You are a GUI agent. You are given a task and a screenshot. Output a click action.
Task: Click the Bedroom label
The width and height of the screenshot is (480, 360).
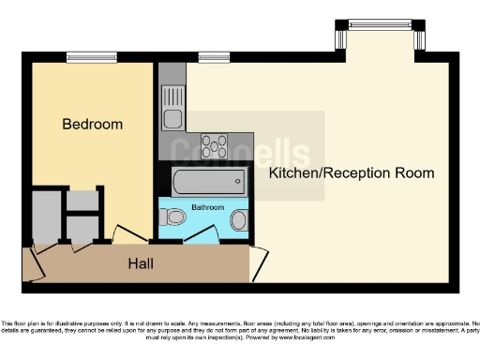coord(93,124)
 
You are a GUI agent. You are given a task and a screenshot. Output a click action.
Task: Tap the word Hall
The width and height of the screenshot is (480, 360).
coord(142,264)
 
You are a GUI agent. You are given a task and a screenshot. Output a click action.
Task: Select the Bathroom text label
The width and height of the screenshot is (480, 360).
coord(207,205)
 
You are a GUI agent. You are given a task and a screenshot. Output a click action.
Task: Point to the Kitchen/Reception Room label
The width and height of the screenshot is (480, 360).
coord(352,173)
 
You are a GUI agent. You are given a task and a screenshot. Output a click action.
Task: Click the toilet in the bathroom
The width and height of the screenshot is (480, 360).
coord(173,218)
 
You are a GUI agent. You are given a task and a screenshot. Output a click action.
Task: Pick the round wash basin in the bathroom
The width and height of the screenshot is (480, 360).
coord(238,221)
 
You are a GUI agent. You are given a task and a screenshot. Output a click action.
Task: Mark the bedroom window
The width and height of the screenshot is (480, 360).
coord(92,58)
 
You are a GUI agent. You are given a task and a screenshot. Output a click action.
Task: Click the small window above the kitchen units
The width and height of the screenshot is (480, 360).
coord(207,58)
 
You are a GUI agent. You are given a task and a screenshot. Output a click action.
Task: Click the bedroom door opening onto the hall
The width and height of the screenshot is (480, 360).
coord(127,234)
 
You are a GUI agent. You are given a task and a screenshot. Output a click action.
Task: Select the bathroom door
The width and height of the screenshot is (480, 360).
coord(199,235)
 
